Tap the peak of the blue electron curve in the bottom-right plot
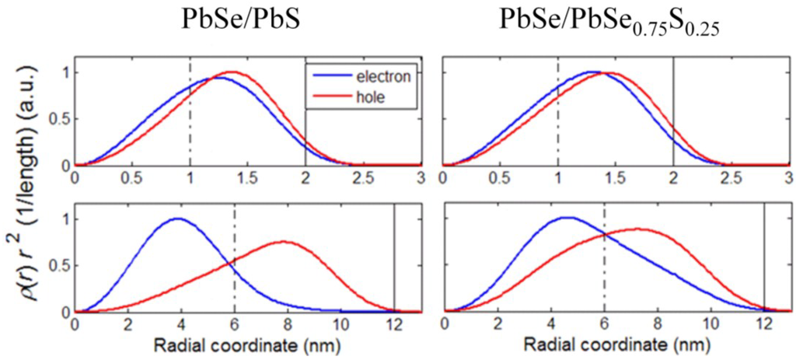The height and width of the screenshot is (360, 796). pyautogui.click(x=567, y=218)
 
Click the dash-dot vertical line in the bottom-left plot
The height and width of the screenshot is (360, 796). pyautogui.click(x=234, y=257)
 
